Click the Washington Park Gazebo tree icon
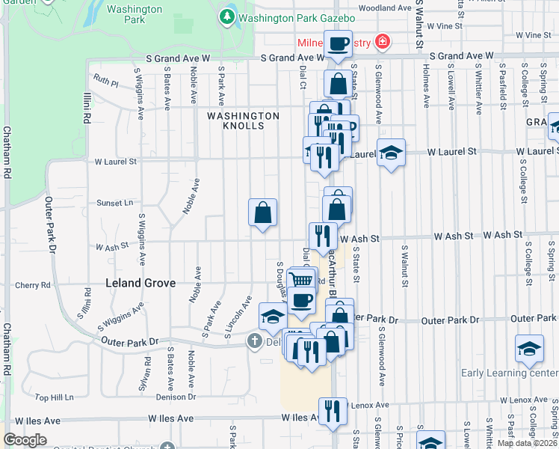(x=226, y=16)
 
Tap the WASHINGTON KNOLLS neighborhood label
(x=243, y=120)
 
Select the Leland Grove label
(x=140, y=283)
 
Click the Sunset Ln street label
(x=114, y=203)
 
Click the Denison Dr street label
(x=176, y=397)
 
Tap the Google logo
(x=25, y=440)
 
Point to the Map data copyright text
(x=527, y=443)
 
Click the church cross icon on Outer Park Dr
(x=255, y=341)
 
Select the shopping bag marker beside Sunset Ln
(x=262, y=213)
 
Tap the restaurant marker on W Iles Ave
(x=333, y=411)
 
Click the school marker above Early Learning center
(x=529, y=349)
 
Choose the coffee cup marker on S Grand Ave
(x=338, y=43)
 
